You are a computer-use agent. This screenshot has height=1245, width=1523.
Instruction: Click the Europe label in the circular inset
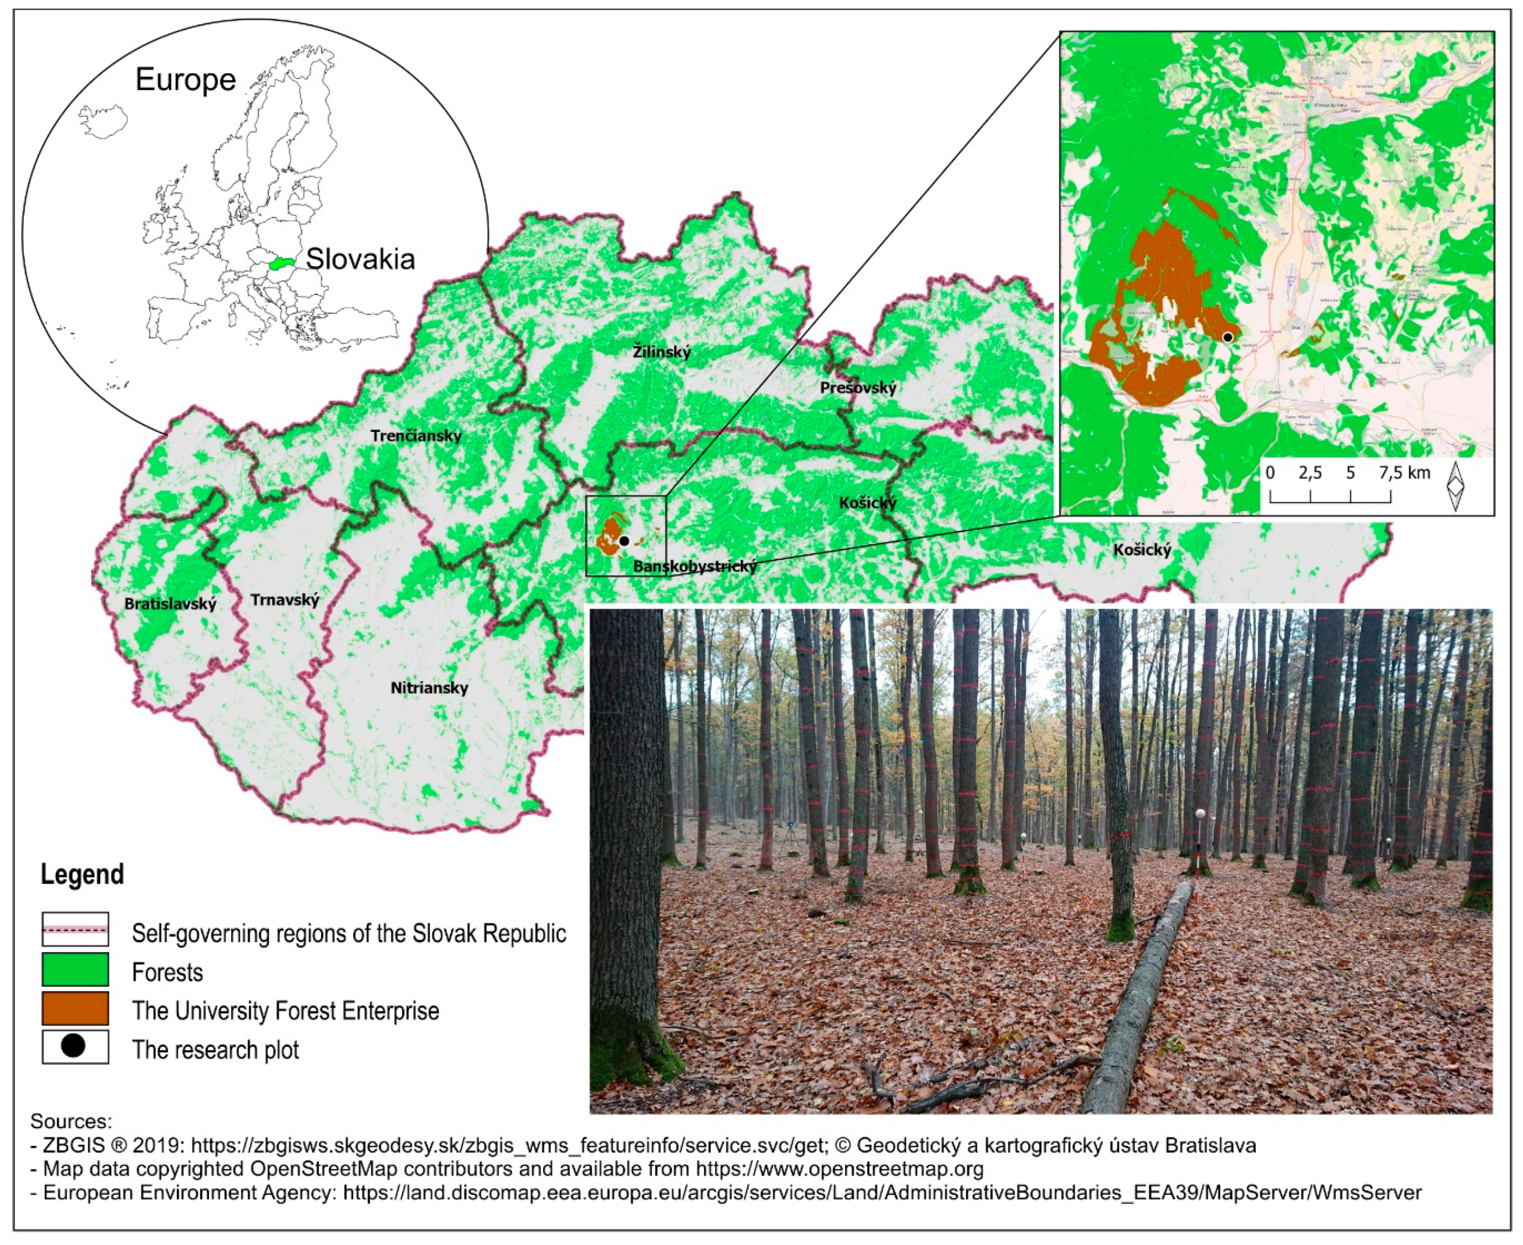click(x=185, y=80)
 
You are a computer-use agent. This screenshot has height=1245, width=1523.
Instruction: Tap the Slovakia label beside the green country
click(x=360, y=259)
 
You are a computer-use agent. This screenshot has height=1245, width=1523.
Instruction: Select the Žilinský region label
click(x=661, y=352)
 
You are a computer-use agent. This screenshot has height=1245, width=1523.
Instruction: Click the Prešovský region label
click(x=858, y=388)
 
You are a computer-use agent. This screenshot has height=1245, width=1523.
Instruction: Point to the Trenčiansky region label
click(x=416, y=435)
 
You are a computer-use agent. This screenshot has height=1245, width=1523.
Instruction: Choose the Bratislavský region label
click(x=170, y=603)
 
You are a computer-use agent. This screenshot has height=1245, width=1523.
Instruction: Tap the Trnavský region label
click(x=285, y=600)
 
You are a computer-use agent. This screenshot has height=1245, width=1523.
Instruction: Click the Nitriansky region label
click(x=429, y=688)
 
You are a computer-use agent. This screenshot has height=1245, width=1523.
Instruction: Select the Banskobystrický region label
click(x=695, y=566)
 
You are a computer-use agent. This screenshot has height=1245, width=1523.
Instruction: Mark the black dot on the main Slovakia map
click(x=624, y=541)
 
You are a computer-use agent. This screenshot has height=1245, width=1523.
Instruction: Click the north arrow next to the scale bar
click(x=1455, y=485)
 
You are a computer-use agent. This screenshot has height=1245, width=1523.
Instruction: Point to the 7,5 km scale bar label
click(x=1404, y=473)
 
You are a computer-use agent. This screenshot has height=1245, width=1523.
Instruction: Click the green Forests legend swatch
click(x=75, y=970)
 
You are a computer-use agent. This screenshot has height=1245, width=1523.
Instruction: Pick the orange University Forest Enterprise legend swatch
click(x=75, y=1008)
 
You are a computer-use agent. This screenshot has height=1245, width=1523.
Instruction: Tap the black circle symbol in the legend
click(x=73, y=1047)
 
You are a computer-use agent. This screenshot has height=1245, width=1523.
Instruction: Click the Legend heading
click(x=81, y=874)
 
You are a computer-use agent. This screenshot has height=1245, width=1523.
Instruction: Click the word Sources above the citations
click(x=71, y=1121)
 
